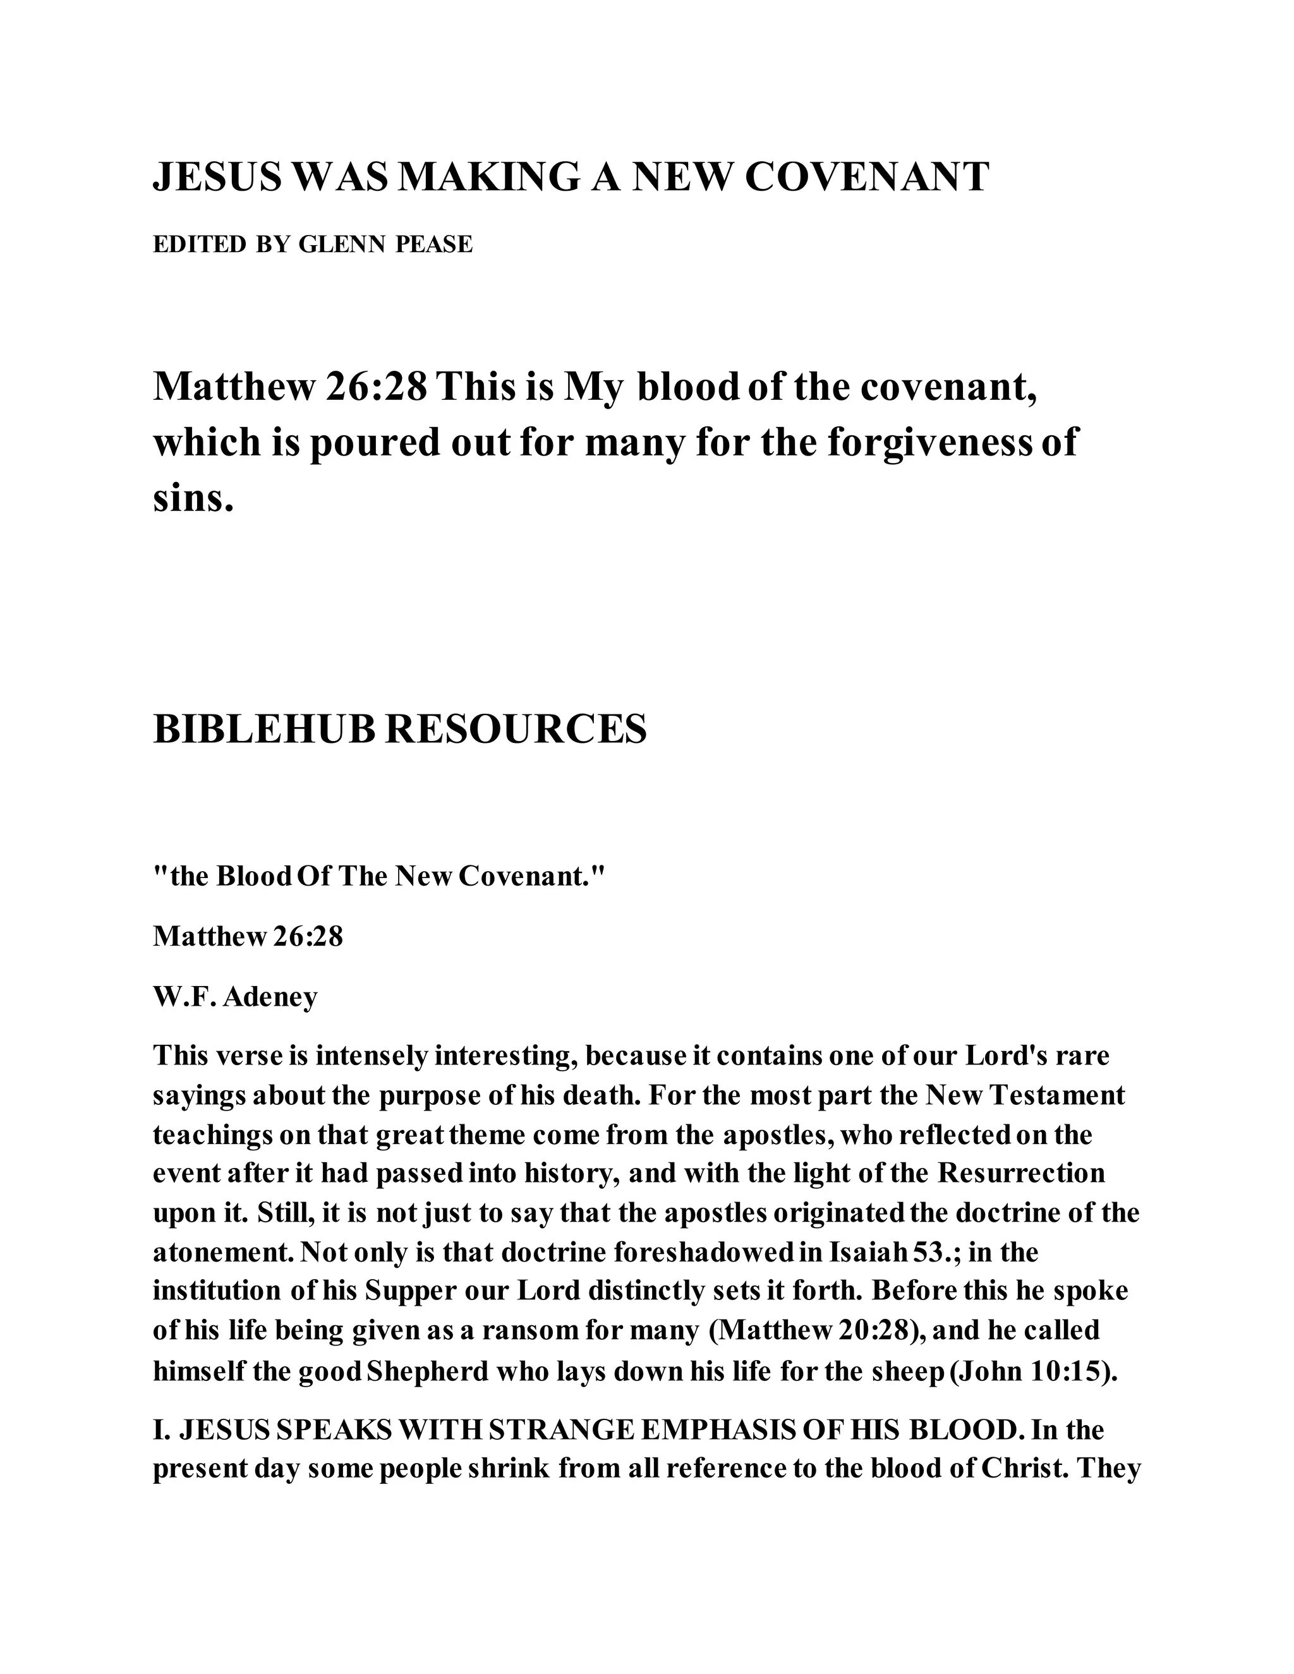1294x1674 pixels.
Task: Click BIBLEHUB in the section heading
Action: click(265, 729)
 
